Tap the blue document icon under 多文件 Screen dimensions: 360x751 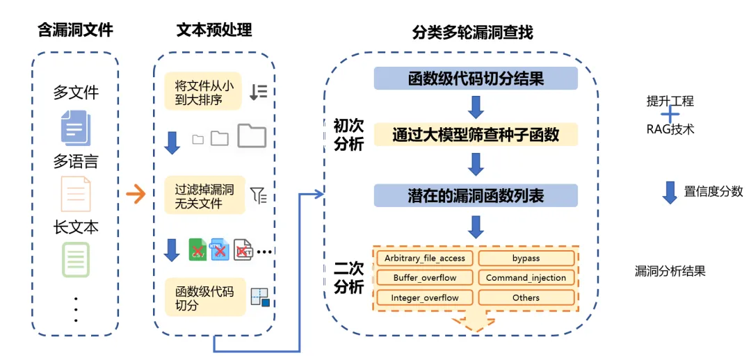pyautogui.click(x=75, y=128)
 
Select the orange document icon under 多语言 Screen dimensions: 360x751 pyautogui.click(x=75, y=194)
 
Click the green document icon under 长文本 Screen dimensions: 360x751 pyautogui.click(x=75, y=259)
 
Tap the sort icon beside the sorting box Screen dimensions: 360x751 pyautogui.click(x=258, y=92)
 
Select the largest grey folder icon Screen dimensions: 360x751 pyautogui.click(x=251, y=136)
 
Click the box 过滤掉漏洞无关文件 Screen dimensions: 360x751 pyautogui.click(x=204, y=195)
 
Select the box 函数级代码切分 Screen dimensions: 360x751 pyautogui.click(x=204, y=297)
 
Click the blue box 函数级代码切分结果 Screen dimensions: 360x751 pyautogui.click(x=476, y=79)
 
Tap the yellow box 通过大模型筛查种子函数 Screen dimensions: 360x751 pyautogui.click(x=476, y=134)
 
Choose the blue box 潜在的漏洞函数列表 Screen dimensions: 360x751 pyautogui.click(x=476, y=195)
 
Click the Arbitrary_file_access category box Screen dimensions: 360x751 pyautogui.click(x=424, y=258)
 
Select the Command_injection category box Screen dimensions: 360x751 pyautogui.click(x=526, y=278)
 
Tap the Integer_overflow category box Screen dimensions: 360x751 pyautogui.click(x=424, y=298)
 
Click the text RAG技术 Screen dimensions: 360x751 pyautogui.click(x=670, y=129)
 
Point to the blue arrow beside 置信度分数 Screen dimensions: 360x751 pyautogui.click(x=670, y=193)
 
